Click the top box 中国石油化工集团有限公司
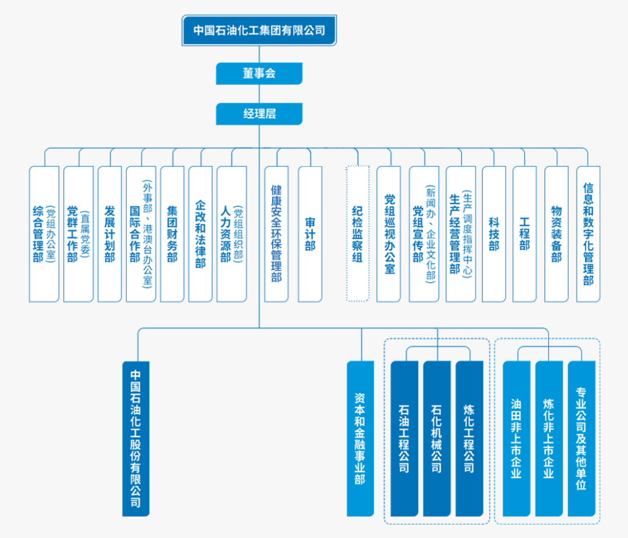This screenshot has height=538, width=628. pos(259,30)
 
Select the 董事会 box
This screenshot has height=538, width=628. pos(259,73)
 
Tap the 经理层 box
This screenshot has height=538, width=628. pos(259,114)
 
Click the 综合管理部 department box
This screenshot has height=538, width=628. pos(44,234)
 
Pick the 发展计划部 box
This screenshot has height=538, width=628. pos(110,234)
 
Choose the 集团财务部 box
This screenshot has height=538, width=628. pos(172,234)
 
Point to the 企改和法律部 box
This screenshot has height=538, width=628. pos(200,234)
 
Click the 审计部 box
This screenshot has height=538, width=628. pos(310,234)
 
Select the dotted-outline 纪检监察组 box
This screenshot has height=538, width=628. pos(358,233)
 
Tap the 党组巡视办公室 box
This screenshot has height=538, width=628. pos(388,234)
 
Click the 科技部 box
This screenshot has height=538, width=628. pos(494,234)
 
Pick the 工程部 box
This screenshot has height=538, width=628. pos(524,234)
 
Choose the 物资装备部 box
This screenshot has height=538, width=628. pos(556,234)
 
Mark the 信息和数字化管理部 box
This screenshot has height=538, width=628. pos(588,234)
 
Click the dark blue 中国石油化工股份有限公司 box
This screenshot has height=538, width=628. pos(135,439)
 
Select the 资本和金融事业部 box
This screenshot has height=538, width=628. pos(360,439)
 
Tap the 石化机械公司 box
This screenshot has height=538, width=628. pos(437,439)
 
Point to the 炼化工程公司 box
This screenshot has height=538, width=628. pos(469,439)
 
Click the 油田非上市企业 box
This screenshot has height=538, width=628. pos(517,439)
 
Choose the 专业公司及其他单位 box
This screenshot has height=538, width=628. pos(581,439)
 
